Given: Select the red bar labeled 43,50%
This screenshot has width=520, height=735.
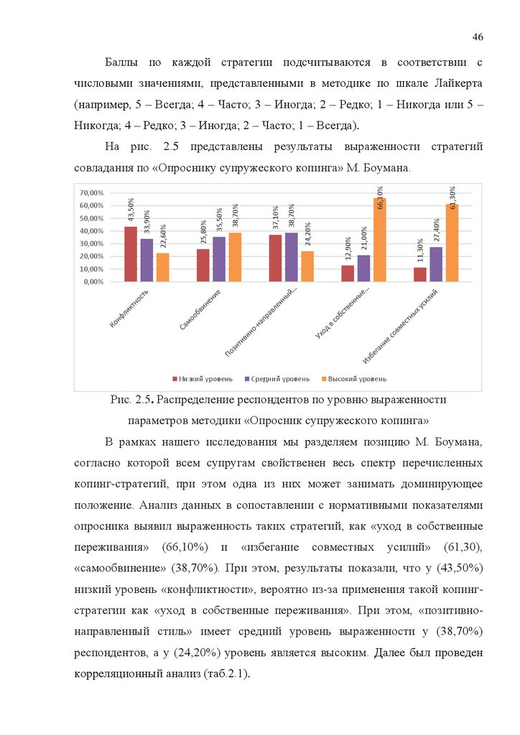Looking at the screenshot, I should point(130,254).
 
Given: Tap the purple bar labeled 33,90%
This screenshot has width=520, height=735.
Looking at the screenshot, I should point(147,260).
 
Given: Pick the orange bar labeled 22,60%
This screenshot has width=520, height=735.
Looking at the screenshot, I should point(162,267).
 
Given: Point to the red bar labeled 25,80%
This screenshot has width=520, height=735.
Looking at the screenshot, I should point(203,265).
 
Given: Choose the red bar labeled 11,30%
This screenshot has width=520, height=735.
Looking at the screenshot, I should point(420,274).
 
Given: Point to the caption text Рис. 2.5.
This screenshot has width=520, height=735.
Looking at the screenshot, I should point(133,399).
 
